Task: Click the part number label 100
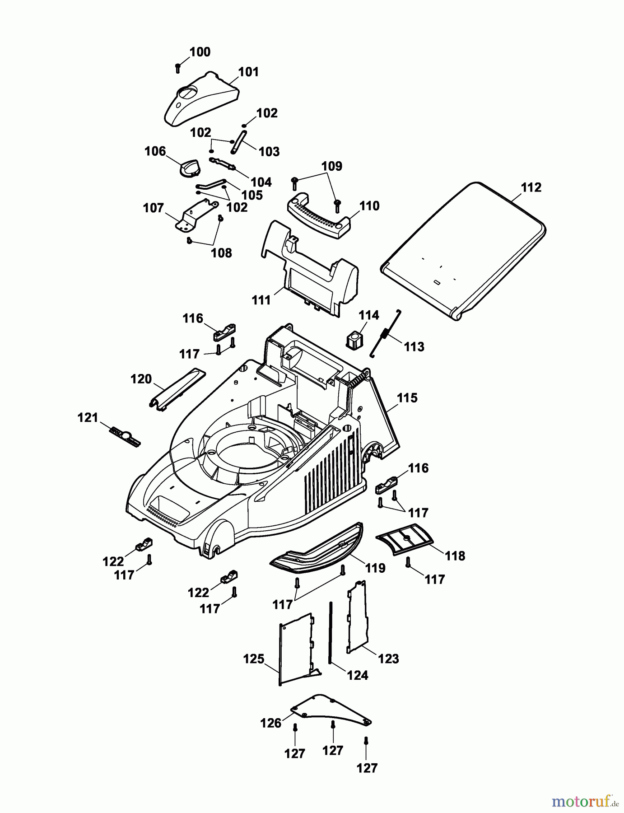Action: (x=200, y=52)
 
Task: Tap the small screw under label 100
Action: (x=178, y=68)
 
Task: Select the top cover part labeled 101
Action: (x=201, y=98)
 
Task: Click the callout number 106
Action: (x=155, y=151)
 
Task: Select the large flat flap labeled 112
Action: (x=463, y=250)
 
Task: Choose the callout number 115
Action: (x=407, y=398)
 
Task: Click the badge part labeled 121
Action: (x=125, y=435)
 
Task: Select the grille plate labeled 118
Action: (x=405, y=538)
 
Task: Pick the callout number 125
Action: (x=254, y=659)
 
